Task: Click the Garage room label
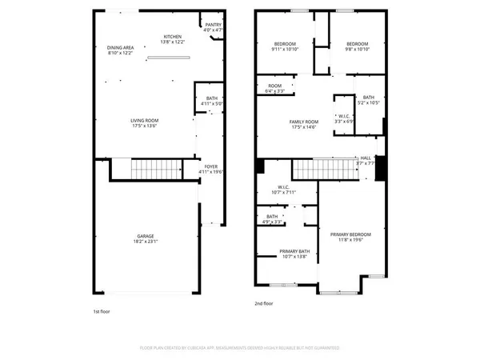click(145, 238)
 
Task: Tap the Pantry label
click(213, 27)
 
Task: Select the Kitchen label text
click(173, 39)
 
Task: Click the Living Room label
click(145, 122)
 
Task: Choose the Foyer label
click(210, 169)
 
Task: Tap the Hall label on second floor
click(366, 161)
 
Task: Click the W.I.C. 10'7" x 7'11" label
click(283, 190)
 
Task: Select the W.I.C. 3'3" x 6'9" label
click(343, 118)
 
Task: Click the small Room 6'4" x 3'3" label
click(275, 88)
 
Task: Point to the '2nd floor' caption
click(264, 303)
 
